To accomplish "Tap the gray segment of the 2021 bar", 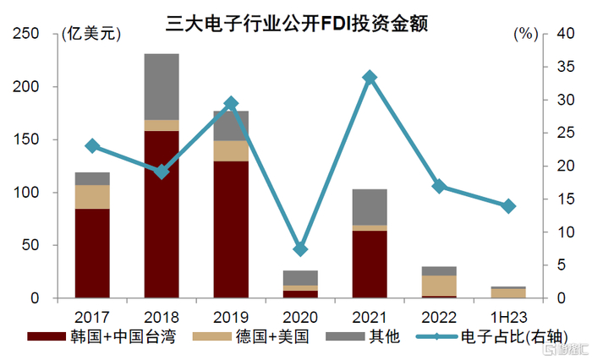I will (x=370, y=207).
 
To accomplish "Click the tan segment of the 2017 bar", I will (x=92, y=196).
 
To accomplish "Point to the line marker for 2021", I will (x=370, y=78).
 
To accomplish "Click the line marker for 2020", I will (x=300, y=249).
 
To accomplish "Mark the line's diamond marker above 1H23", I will (x=508, y=206).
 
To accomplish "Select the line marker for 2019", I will (x=231, y=103).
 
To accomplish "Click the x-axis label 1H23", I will (x=508, y=314).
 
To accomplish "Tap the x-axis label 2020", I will (x=300, y=314).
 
